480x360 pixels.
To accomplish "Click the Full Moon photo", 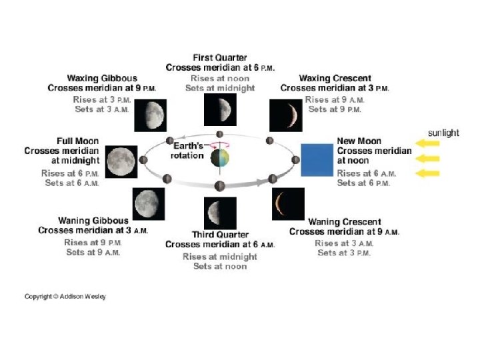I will [121, 162].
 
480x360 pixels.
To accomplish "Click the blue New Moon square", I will [317, 160].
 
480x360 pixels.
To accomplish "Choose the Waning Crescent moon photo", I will [288, 204].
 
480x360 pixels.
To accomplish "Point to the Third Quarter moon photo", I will [220, 213].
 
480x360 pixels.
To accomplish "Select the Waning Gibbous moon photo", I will [150, 204].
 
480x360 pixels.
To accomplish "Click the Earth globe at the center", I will [219, 159].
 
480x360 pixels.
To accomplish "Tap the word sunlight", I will [443, 133].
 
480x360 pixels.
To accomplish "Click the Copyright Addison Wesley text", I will [65, 297].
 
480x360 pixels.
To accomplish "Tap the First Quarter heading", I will [220, 58].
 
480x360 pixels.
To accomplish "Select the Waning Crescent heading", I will [344, 222].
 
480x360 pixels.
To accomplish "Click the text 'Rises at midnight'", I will [220, 257].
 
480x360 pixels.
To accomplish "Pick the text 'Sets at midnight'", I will [220, 88].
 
